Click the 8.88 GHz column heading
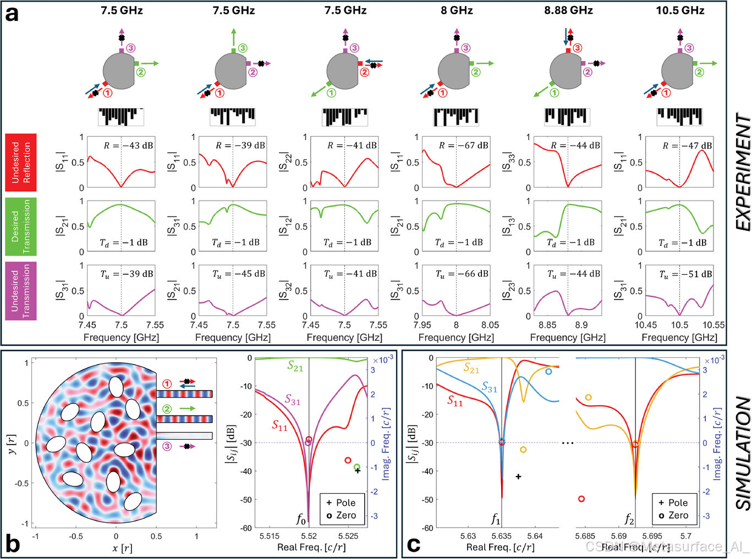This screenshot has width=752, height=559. pos(568,10)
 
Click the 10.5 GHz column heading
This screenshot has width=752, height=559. pos(680,10)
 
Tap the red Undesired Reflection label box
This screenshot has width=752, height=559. pos(21,162)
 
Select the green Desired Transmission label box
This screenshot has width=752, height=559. pos(21,226)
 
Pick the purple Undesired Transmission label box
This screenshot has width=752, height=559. pos(21,291)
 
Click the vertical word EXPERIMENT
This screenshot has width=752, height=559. pos(743,172)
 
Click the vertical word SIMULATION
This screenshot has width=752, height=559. pos(743,453)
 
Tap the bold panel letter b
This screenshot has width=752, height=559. pos(12,544)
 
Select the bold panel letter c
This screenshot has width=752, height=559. pos(413,544)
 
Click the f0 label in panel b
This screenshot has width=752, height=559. pos(301,518)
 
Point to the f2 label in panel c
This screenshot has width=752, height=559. pos(629,518)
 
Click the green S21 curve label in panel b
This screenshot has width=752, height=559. pos(295,366)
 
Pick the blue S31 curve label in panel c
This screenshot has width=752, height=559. pos(489,388)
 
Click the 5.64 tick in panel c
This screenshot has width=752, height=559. pos(535,536)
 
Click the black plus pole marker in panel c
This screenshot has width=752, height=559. pos(518,477)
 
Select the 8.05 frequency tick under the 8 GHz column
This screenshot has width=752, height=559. pos(490,325)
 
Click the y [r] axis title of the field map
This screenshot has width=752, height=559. pos(14,443)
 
